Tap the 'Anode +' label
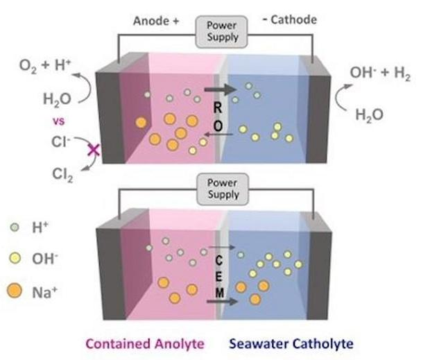pos(156,21)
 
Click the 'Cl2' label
pos(62,174)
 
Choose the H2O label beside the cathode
pos(368,115)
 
